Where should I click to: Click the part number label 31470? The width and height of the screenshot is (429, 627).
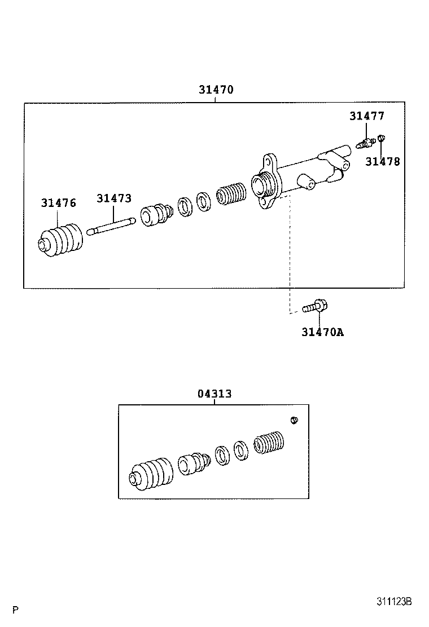[216, 90]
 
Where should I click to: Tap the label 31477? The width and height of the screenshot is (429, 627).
[366, 116]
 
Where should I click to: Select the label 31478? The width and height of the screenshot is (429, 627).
[382, 162]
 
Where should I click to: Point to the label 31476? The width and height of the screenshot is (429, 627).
[58, 203]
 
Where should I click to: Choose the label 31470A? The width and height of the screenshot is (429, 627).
[322, 332]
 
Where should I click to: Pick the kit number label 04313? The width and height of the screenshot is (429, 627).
[214, 394]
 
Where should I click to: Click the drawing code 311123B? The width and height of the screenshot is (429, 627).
[395, 602]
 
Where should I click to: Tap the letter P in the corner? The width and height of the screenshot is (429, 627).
[16, 610]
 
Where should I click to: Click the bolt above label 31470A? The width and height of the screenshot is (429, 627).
[315, 307]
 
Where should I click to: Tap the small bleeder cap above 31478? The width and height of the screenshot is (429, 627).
[381, 138]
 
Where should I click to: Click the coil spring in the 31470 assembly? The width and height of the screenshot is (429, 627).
[232, 195]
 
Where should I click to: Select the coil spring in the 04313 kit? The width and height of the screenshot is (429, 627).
[269, 442]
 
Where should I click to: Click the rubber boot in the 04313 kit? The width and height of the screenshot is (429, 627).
[151, 474]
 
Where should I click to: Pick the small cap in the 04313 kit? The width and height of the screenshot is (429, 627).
[294, 420]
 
